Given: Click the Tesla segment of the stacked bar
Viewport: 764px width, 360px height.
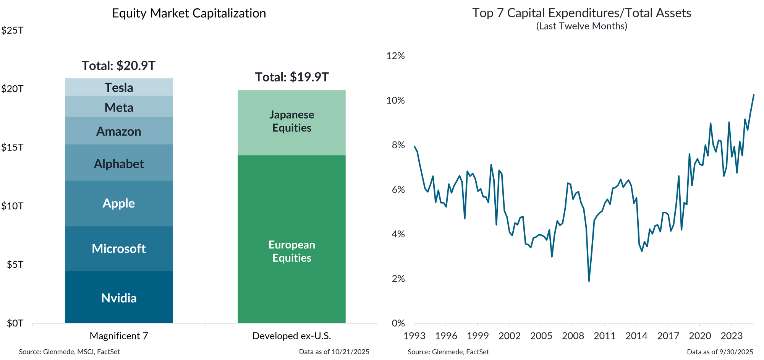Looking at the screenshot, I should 119,88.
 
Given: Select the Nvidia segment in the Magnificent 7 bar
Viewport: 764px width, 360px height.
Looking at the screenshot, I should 119,298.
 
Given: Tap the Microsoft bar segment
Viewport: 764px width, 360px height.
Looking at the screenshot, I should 119,248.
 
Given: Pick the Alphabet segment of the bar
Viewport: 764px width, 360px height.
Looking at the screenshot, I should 119,164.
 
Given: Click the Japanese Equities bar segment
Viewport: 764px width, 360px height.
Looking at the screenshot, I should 291,122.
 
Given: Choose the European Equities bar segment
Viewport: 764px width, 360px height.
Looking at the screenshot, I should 291,251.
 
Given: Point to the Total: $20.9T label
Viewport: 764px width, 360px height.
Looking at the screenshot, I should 118,66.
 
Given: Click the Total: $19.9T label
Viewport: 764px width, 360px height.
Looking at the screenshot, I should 291,77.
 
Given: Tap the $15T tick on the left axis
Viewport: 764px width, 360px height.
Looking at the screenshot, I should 12,148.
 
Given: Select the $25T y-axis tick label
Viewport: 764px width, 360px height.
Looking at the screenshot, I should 12,31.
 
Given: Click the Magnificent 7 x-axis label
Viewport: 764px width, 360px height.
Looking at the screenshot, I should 119,336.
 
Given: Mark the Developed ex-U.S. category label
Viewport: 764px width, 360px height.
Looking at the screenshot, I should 291,336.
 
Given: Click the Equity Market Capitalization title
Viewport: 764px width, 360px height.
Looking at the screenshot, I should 189,13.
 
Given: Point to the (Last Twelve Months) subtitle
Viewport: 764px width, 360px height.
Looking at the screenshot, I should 581,26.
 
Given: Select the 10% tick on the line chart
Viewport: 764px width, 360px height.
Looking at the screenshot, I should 395,101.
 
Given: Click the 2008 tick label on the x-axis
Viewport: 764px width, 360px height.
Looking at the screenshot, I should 573,336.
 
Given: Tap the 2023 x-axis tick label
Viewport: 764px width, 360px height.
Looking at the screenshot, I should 731,336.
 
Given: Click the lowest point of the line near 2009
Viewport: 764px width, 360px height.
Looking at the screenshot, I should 589,281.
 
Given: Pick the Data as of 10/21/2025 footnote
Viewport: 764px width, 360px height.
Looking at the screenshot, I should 334,352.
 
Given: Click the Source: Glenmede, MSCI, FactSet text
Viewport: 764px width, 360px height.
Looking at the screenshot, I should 69,352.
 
